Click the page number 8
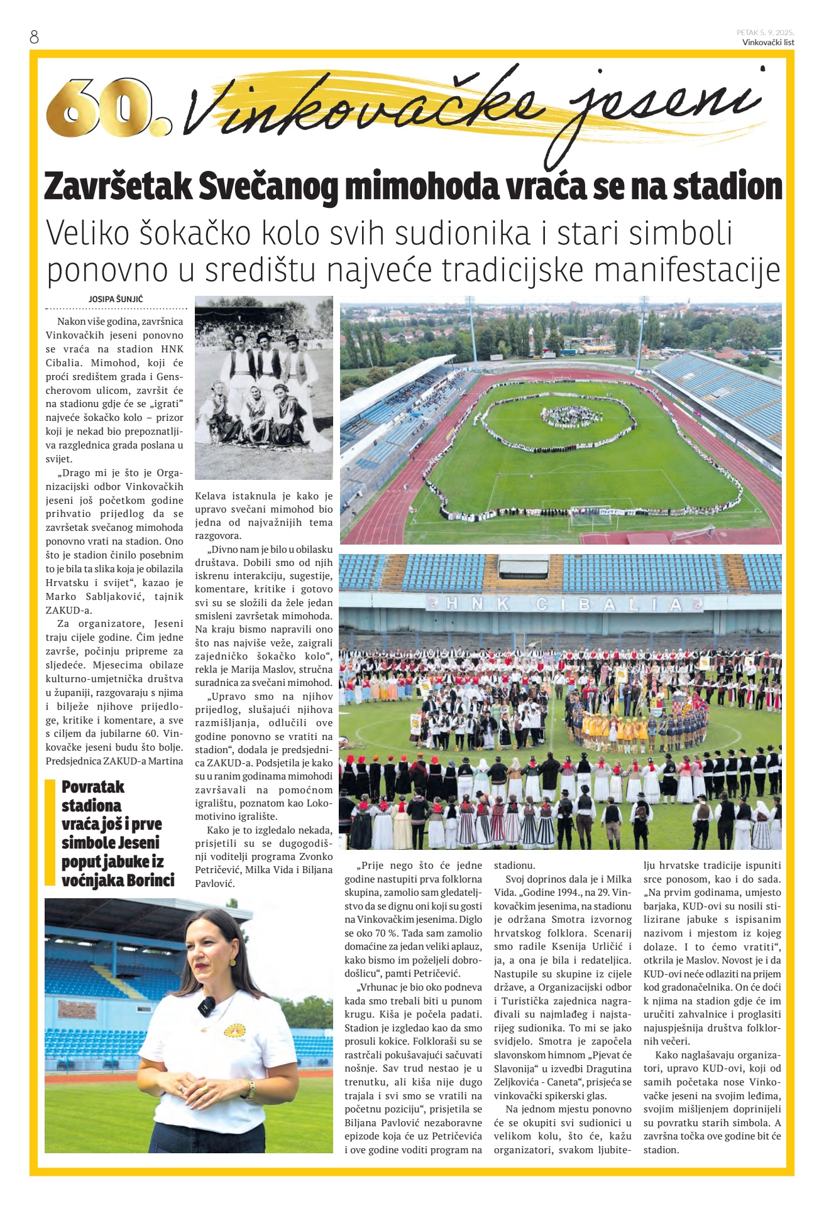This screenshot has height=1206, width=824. tap(34, 37)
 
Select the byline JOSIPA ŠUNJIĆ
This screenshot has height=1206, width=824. tap(116, 299)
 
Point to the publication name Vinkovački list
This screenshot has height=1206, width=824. tap(767, 43)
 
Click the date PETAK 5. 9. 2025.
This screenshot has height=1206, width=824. tap(765, 33)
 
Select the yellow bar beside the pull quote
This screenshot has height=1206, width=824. tap(50, 832)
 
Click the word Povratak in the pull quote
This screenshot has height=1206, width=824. tap(93, 787)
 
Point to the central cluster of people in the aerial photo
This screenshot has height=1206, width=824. tap(571, 415)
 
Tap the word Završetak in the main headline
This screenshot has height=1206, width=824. tap(118, 187)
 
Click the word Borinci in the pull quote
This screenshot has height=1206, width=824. tap(149, 880)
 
